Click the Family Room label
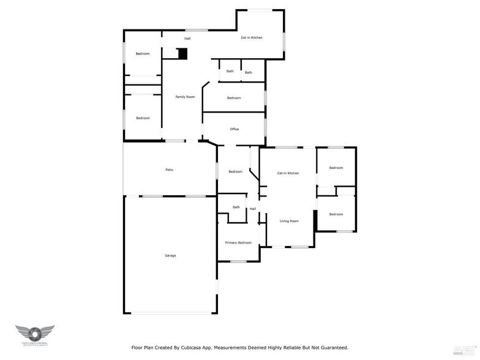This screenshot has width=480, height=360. [185, 97]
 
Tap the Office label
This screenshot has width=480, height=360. [234, 129]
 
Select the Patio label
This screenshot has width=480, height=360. [169, 170]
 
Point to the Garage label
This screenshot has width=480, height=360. [170, 255]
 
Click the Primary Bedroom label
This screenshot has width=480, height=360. [238, 242]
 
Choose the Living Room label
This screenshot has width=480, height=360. [289, 221]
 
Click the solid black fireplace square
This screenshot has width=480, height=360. [182, 54]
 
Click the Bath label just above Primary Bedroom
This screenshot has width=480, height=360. [236, 207]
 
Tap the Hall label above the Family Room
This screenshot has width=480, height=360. [187, 39]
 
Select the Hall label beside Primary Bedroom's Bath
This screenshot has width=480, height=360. [252, 209]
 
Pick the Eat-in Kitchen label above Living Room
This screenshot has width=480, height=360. [288, 173]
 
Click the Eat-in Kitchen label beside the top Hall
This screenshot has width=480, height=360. [251, 38]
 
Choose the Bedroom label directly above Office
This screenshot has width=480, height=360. [234, 98]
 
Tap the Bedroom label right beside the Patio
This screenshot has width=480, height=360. [235, 171]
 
